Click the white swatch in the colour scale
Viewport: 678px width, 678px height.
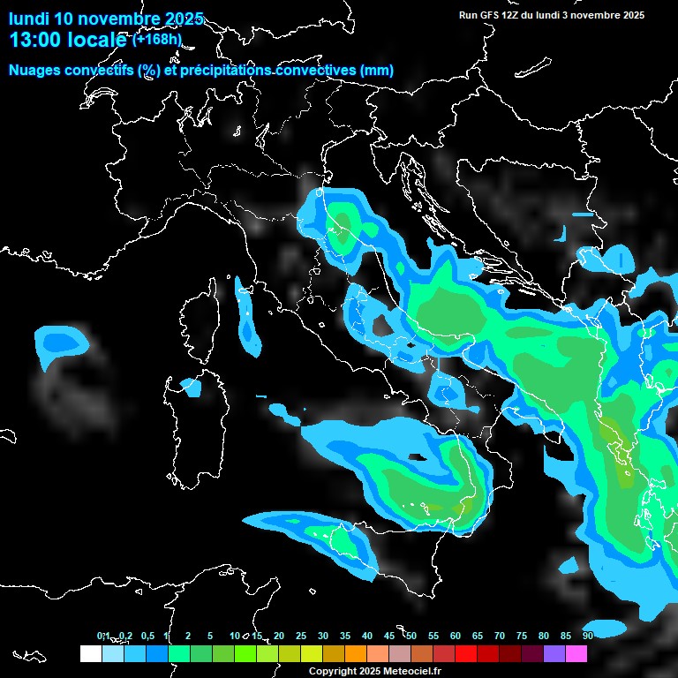click(x=90, y=653)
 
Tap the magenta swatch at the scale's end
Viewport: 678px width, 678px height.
click(x=576, y=653)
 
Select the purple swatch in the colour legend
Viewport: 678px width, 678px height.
click(x=554, y=653)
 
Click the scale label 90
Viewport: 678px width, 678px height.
click(x=588, y=636)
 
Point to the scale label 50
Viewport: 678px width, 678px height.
click(x=411, y=636)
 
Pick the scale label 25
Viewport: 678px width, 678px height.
click(x=301, y=636)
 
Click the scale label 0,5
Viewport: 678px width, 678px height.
click(x=147, y=636)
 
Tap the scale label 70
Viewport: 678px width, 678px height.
click(x=500, y=636)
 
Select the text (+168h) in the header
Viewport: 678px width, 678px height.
click(x=157, y=40)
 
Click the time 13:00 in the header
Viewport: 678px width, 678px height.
click(x=33, y=41)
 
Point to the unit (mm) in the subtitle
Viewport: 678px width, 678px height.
click(x=377, y=70)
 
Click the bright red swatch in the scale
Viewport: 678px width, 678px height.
click(x=466, y=653)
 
